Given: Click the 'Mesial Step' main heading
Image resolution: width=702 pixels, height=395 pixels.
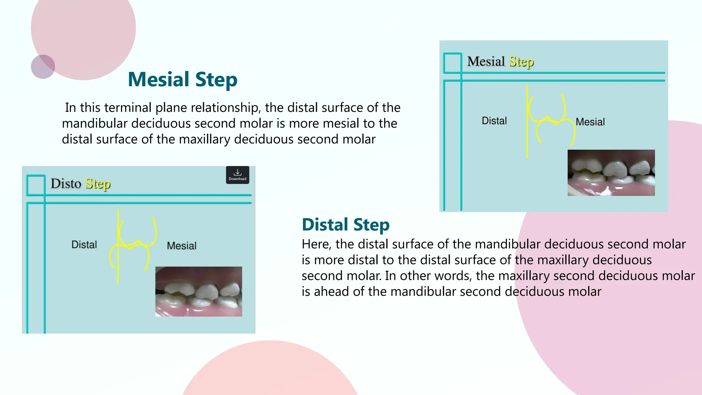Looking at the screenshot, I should click(x=182, y=80).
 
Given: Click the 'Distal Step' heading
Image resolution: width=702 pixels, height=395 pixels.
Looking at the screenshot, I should click(x=346, y=225).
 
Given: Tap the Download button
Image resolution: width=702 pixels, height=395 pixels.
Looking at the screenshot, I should click(x=238, y=175).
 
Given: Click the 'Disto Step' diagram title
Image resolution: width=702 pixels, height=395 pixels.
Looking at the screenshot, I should click(x=81, y=184).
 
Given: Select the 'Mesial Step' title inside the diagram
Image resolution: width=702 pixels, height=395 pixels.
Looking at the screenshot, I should click(x=500, y=62).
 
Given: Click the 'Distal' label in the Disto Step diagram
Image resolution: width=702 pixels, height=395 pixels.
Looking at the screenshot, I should click(x=84, y=244).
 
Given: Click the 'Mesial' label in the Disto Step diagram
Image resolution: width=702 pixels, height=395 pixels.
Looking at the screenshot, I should click(x=182, y=246).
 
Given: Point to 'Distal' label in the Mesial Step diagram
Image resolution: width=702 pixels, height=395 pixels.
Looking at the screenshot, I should click(x=494, y=121).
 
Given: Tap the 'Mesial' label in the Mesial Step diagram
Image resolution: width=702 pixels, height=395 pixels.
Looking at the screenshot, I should click(x=590, y=122).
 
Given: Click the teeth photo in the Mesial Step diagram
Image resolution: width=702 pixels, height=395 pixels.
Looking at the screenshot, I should click(x=611, y=173).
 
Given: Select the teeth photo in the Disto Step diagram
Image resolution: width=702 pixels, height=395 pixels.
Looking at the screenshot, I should click(x=198, y=291).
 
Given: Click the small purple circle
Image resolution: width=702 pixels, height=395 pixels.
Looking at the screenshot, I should click(x=43, y=67).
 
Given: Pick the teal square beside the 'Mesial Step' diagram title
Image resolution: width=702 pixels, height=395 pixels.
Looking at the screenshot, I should click(x=452, y=63).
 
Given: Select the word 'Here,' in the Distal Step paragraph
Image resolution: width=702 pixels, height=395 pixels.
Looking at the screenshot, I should click(x=316, y=244).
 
